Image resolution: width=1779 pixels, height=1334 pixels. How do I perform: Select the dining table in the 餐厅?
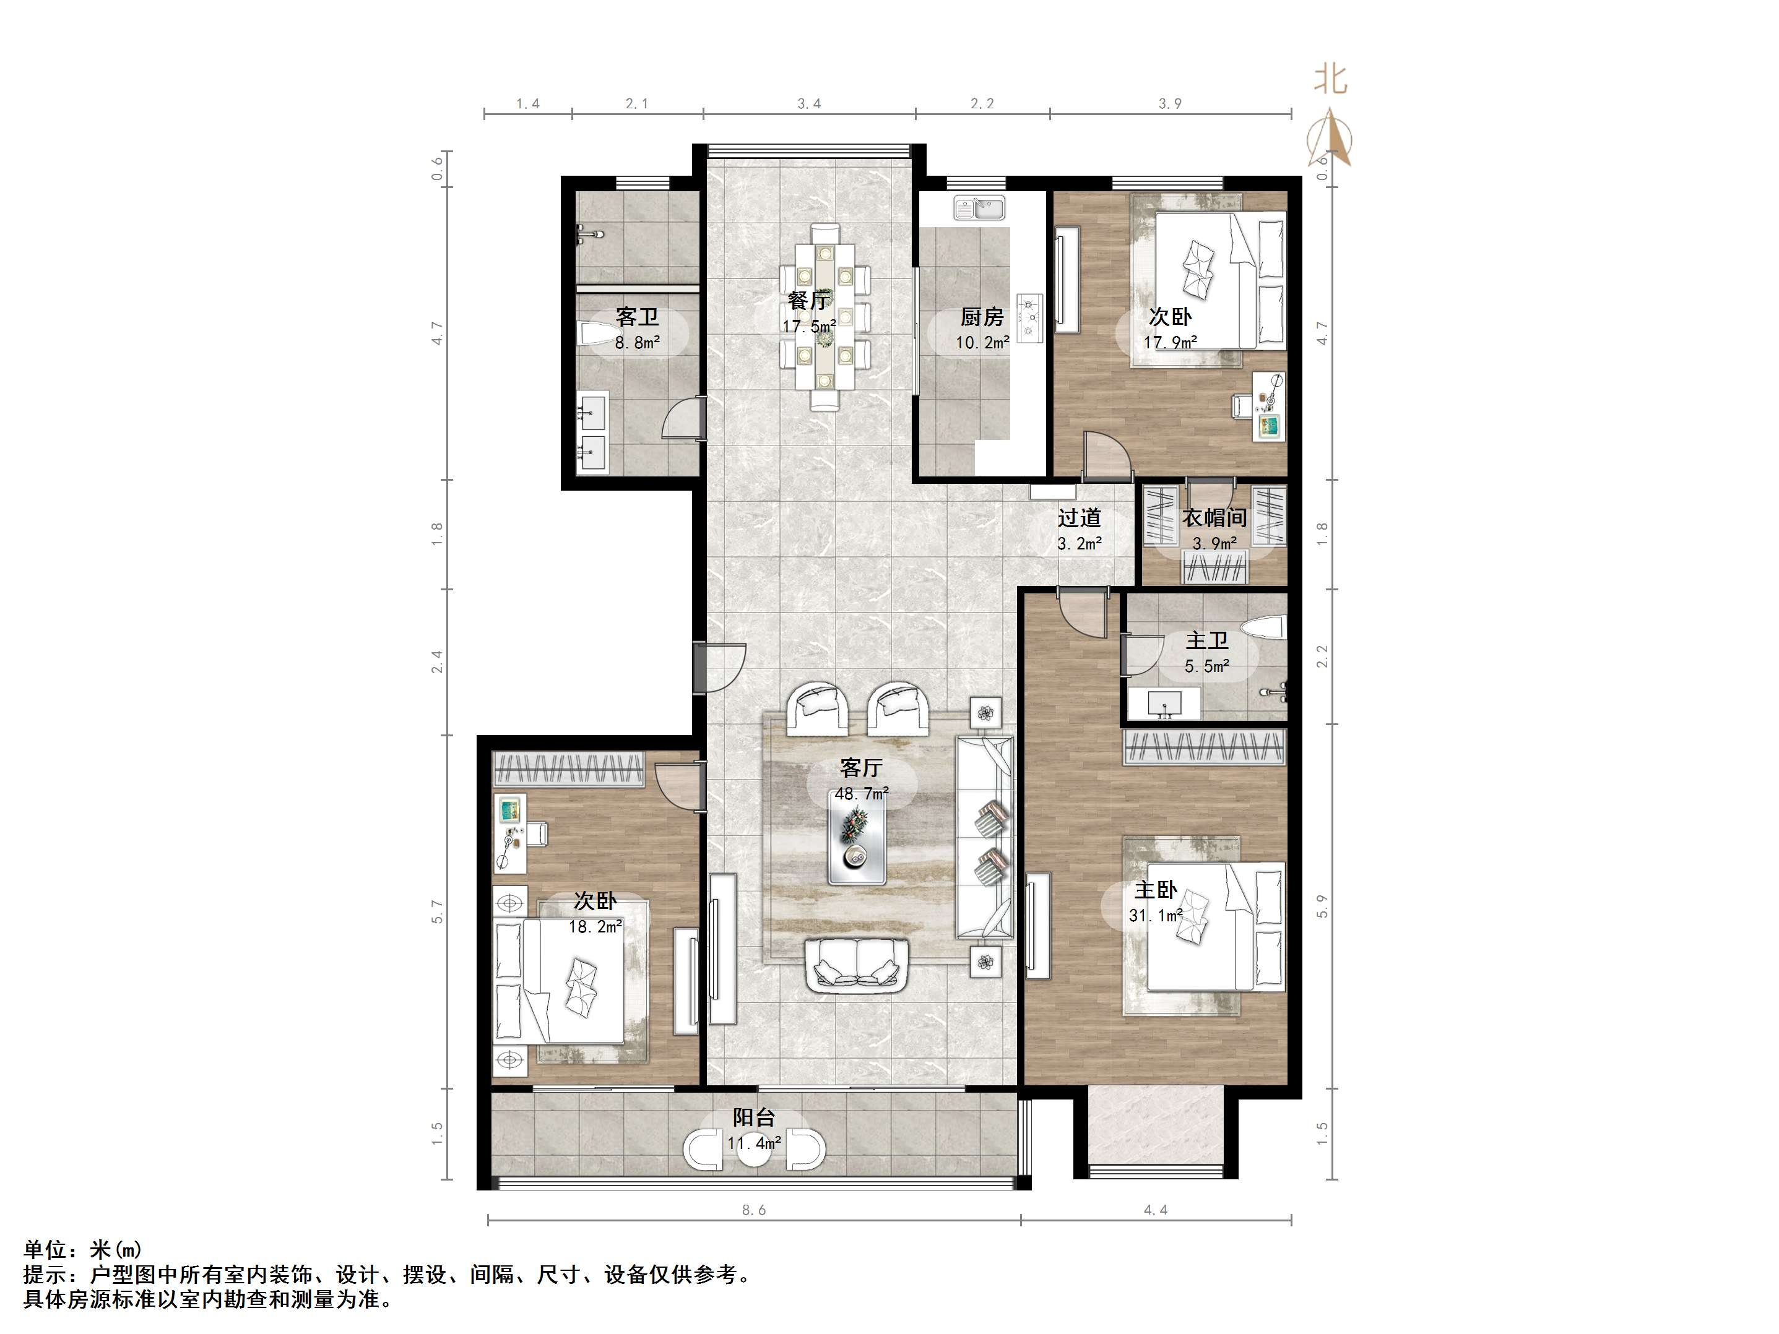click(825, 317)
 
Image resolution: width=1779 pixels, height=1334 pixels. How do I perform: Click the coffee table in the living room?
click(857, 842)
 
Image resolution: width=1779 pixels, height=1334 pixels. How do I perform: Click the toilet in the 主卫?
click(1263, 628)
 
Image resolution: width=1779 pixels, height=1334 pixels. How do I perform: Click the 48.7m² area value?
click(862, 794)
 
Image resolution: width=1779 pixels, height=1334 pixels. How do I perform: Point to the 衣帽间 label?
click(1214, 518)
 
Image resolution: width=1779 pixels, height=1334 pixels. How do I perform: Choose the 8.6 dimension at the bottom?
click(753, 1210)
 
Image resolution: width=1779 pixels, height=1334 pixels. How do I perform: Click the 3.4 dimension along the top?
click(809, 104)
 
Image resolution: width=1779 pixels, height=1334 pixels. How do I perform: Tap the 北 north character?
click(1330, 80)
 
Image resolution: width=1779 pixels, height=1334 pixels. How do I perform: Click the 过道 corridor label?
click(1080, 518)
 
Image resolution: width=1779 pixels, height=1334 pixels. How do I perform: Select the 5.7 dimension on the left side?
click(438, 911)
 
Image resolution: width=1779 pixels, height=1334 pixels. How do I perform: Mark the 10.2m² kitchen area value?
click(983, 343)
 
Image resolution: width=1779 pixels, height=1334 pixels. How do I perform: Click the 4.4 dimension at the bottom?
click(1156, 1210)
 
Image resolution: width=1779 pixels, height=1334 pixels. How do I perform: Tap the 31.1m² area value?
click(1156, 915)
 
